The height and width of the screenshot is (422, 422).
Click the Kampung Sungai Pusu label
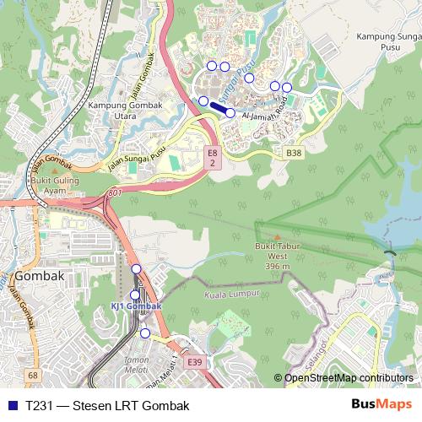[387, 41]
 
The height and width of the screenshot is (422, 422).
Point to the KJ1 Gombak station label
[135, 306]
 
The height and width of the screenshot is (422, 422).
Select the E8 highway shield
[213, 158]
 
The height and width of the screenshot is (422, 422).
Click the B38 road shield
[293, 153]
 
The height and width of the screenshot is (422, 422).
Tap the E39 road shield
[195, 362]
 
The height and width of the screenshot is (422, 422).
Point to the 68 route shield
[32, 374]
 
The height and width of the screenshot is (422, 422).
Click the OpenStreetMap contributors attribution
[348, 378]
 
